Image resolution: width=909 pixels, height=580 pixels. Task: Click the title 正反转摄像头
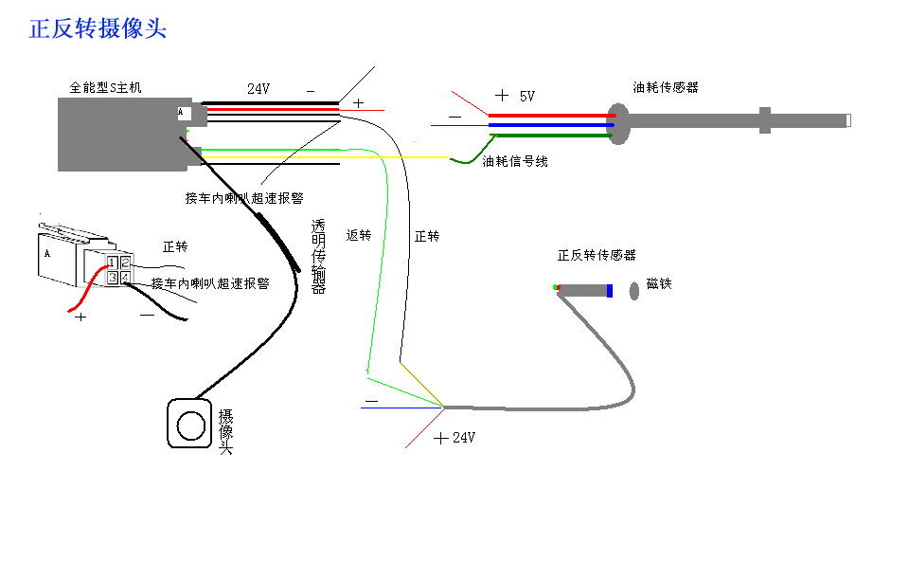[x=98, y=28]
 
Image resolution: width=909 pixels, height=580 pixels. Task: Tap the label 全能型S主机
[x=105, y=88]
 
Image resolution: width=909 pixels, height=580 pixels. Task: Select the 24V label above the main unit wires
[x=258, y=89]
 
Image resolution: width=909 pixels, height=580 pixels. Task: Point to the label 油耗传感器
[x=666, y=87]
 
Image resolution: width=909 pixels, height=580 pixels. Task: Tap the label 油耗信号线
[x=515, y=162]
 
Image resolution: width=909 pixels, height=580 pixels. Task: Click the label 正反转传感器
[x=597, y=255]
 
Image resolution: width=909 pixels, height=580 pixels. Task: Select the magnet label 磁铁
[x=659, y=283]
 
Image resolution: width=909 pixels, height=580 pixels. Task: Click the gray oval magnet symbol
[x=634, y=290]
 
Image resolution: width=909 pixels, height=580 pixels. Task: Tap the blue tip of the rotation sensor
[x=610, y=290]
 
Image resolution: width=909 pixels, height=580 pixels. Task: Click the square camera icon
[x=189, y=424]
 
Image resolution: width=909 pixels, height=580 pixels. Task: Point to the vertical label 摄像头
[x=225, y=431]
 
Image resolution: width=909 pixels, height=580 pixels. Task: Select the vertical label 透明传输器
[x=318, y=256]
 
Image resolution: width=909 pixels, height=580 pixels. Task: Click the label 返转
[x=359, y=235]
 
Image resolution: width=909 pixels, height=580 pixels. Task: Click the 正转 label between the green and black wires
[x=427, y=235]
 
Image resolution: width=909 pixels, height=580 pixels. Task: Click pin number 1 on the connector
[x=113, y=263]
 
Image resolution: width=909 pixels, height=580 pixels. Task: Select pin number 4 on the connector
[x=126, y=277]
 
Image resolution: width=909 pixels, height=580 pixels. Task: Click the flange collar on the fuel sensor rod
[x=764, y=120]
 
